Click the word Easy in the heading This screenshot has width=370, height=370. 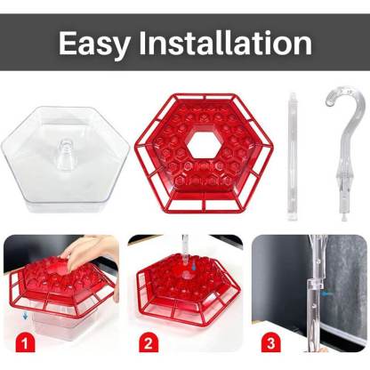(94, 44)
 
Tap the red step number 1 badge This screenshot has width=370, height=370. (25, 343)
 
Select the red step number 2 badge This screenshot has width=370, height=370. (149, 343)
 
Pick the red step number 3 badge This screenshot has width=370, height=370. (270, 343)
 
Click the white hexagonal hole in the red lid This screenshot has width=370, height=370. (205, 146)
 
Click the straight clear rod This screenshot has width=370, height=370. (293, 157)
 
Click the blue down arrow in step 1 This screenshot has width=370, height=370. (26, 316)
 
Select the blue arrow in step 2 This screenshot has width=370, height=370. (193, 265)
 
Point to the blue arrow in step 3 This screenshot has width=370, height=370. (326, 294)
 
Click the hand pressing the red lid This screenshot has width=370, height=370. (89, 252)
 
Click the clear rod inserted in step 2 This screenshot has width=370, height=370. (185, 251)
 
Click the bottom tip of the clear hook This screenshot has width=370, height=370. (343, 218)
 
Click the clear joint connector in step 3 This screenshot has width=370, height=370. (314, 286)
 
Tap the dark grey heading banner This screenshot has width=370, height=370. (185, 42)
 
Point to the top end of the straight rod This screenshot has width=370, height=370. (293, 93)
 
